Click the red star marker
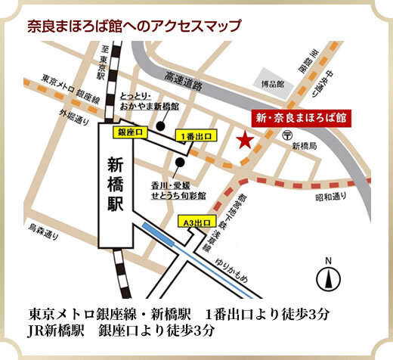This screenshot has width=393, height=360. pyautogui.click(x=243, y=141)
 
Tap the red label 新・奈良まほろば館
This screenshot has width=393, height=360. pyautogui.click(x=300, y=118)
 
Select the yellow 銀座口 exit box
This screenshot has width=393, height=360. pyautogui.click(x=132, y=132)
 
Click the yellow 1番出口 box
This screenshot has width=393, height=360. pyautogui.click(x=195, y=135)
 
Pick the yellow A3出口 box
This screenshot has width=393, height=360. pyautogui.click(x=196, y=222)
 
